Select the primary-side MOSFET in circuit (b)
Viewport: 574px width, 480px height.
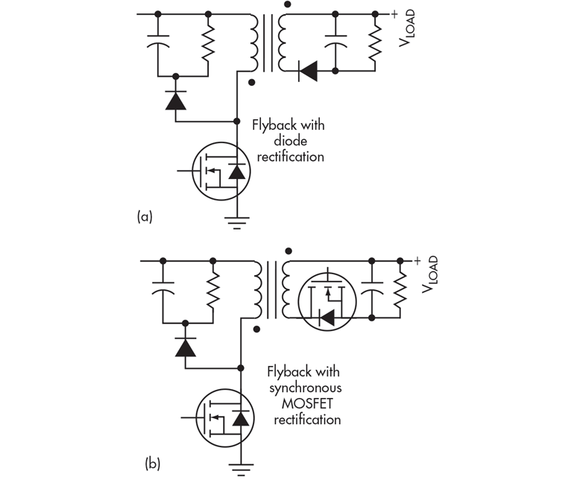tap(226, 418)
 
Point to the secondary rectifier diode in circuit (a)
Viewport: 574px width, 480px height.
tap(307, 71)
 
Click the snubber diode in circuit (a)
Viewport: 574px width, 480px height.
tap(176, 100)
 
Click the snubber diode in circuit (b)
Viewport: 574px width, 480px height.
tap(185, 347)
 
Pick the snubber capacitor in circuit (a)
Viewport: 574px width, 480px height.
tap(158, 44)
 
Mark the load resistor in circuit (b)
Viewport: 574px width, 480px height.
tap(400, 290)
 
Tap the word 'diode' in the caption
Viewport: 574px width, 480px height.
tap(298, 141)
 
